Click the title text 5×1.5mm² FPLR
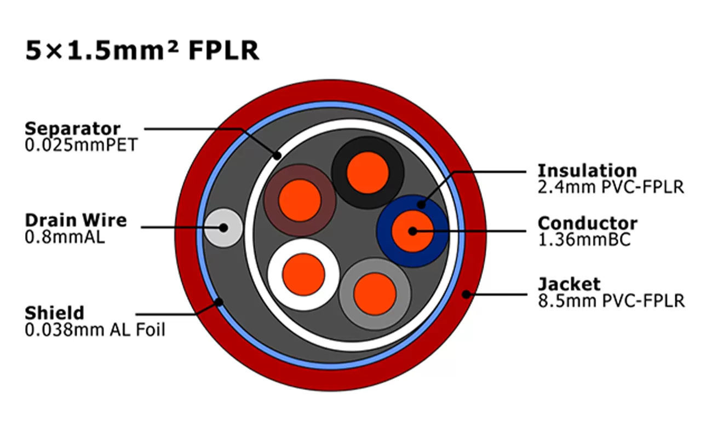pos(142,50)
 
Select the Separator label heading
pos(72,129)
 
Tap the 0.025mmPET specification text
pos(81,146)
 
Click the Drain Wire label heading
pos(76,221)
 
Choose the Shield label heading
pos(55,313)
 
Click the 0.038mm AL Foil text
pos(95,330)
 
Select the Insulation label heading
pos(587,170)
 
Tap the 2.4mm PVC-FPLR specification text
pos(611,187)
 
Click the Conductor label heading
pos(588,223)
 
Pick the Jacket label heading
pos(569,284)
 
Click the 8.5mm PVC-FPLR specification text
pos(611,301)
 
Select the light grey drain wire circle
pos(223,228)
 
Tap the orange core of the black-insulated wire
pos(367,172)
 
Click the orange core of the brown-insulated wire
pos(299,201)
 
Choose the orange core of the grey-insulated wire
pos(375,293)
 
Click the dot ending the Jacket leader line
pos(466,294)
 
